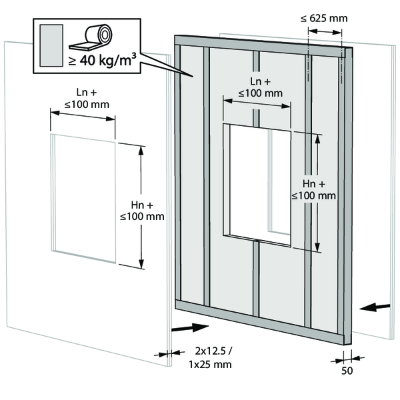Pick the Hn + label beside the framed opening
tap(313, 189)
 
